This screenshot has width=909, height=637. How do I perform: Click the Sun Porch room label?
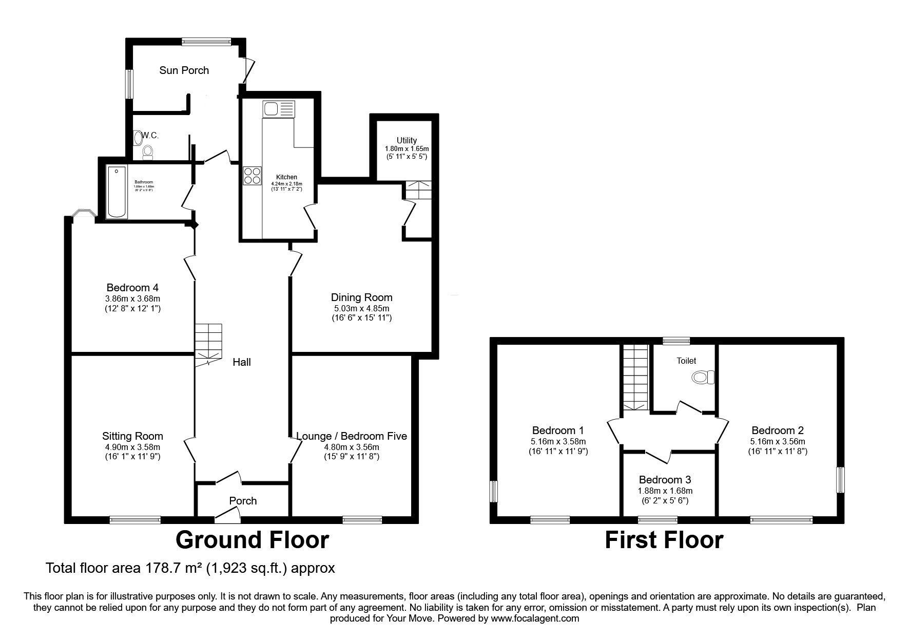coord(184,70)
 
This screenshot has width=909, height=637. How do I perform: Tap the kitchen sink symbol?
coord(279,108)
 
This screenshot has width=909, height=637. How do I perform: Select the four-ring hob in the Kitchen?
coord(252,175)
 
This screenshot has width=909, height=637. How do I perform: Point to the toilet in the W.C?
coord(148,151)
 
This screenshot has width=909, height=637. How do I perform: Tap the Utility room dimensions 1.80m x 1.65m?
coord(407,148)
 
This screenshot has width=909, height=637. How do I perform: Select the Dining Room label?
coord(361,297)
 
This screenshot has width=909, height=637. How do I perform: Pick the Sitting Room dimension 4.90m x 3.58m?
coord(132,447)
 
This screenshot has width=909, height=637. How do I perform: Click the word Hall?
coord(242,362)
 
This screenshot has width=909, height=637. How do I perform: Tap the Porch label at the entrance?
coord(243,500)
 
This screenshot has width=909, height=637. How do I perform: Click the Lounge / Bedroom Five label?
coord(352,436)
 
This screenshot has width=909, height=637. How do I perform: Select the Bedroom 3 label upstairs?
coord(664,480)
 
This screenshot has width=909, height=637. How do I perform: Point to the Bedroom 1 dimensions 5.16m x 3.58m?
coord(558,441)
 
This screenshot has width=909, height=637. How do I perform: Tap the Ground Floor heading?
coord(252,540)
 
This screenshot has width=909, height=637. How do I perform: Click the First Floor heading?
coord(664,540)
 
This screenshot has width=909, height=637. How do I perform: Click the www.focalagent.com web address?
coord(535,619)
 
